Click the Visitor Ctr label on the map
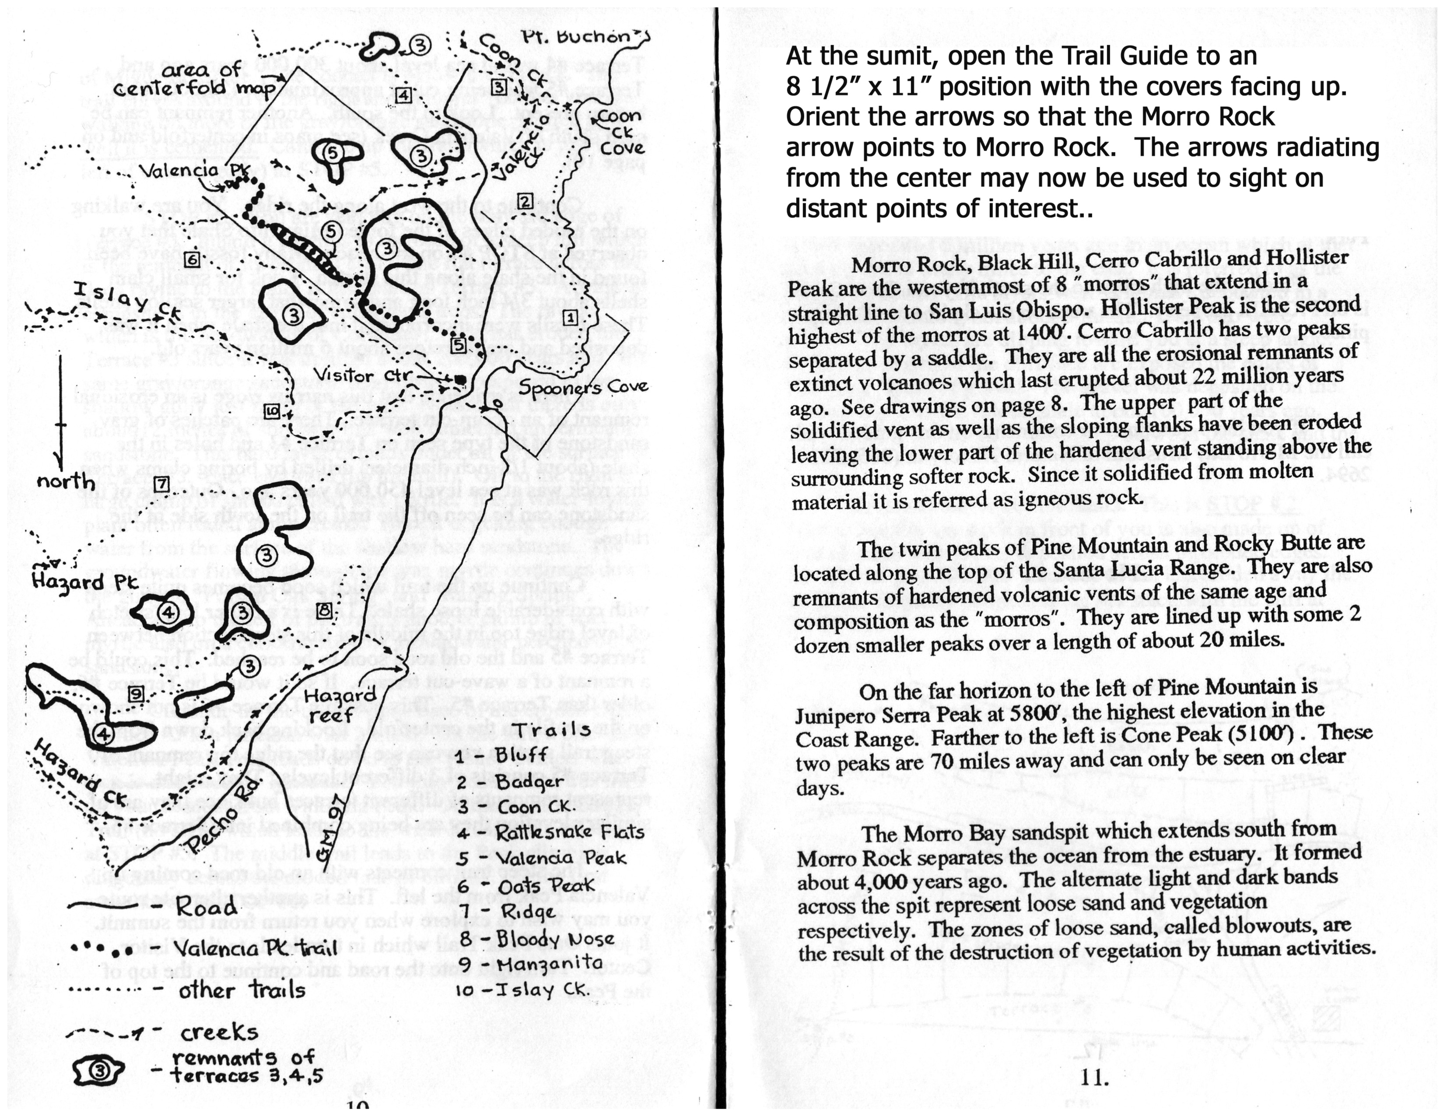coord(362,376)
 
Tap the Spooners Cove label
coord(582,387)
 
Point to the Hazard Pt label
coord(84,582)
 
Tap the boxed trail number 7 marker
coord(161,484)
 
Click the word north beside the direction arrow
coord(66,481)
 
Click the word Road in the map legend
coord(206,906)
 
